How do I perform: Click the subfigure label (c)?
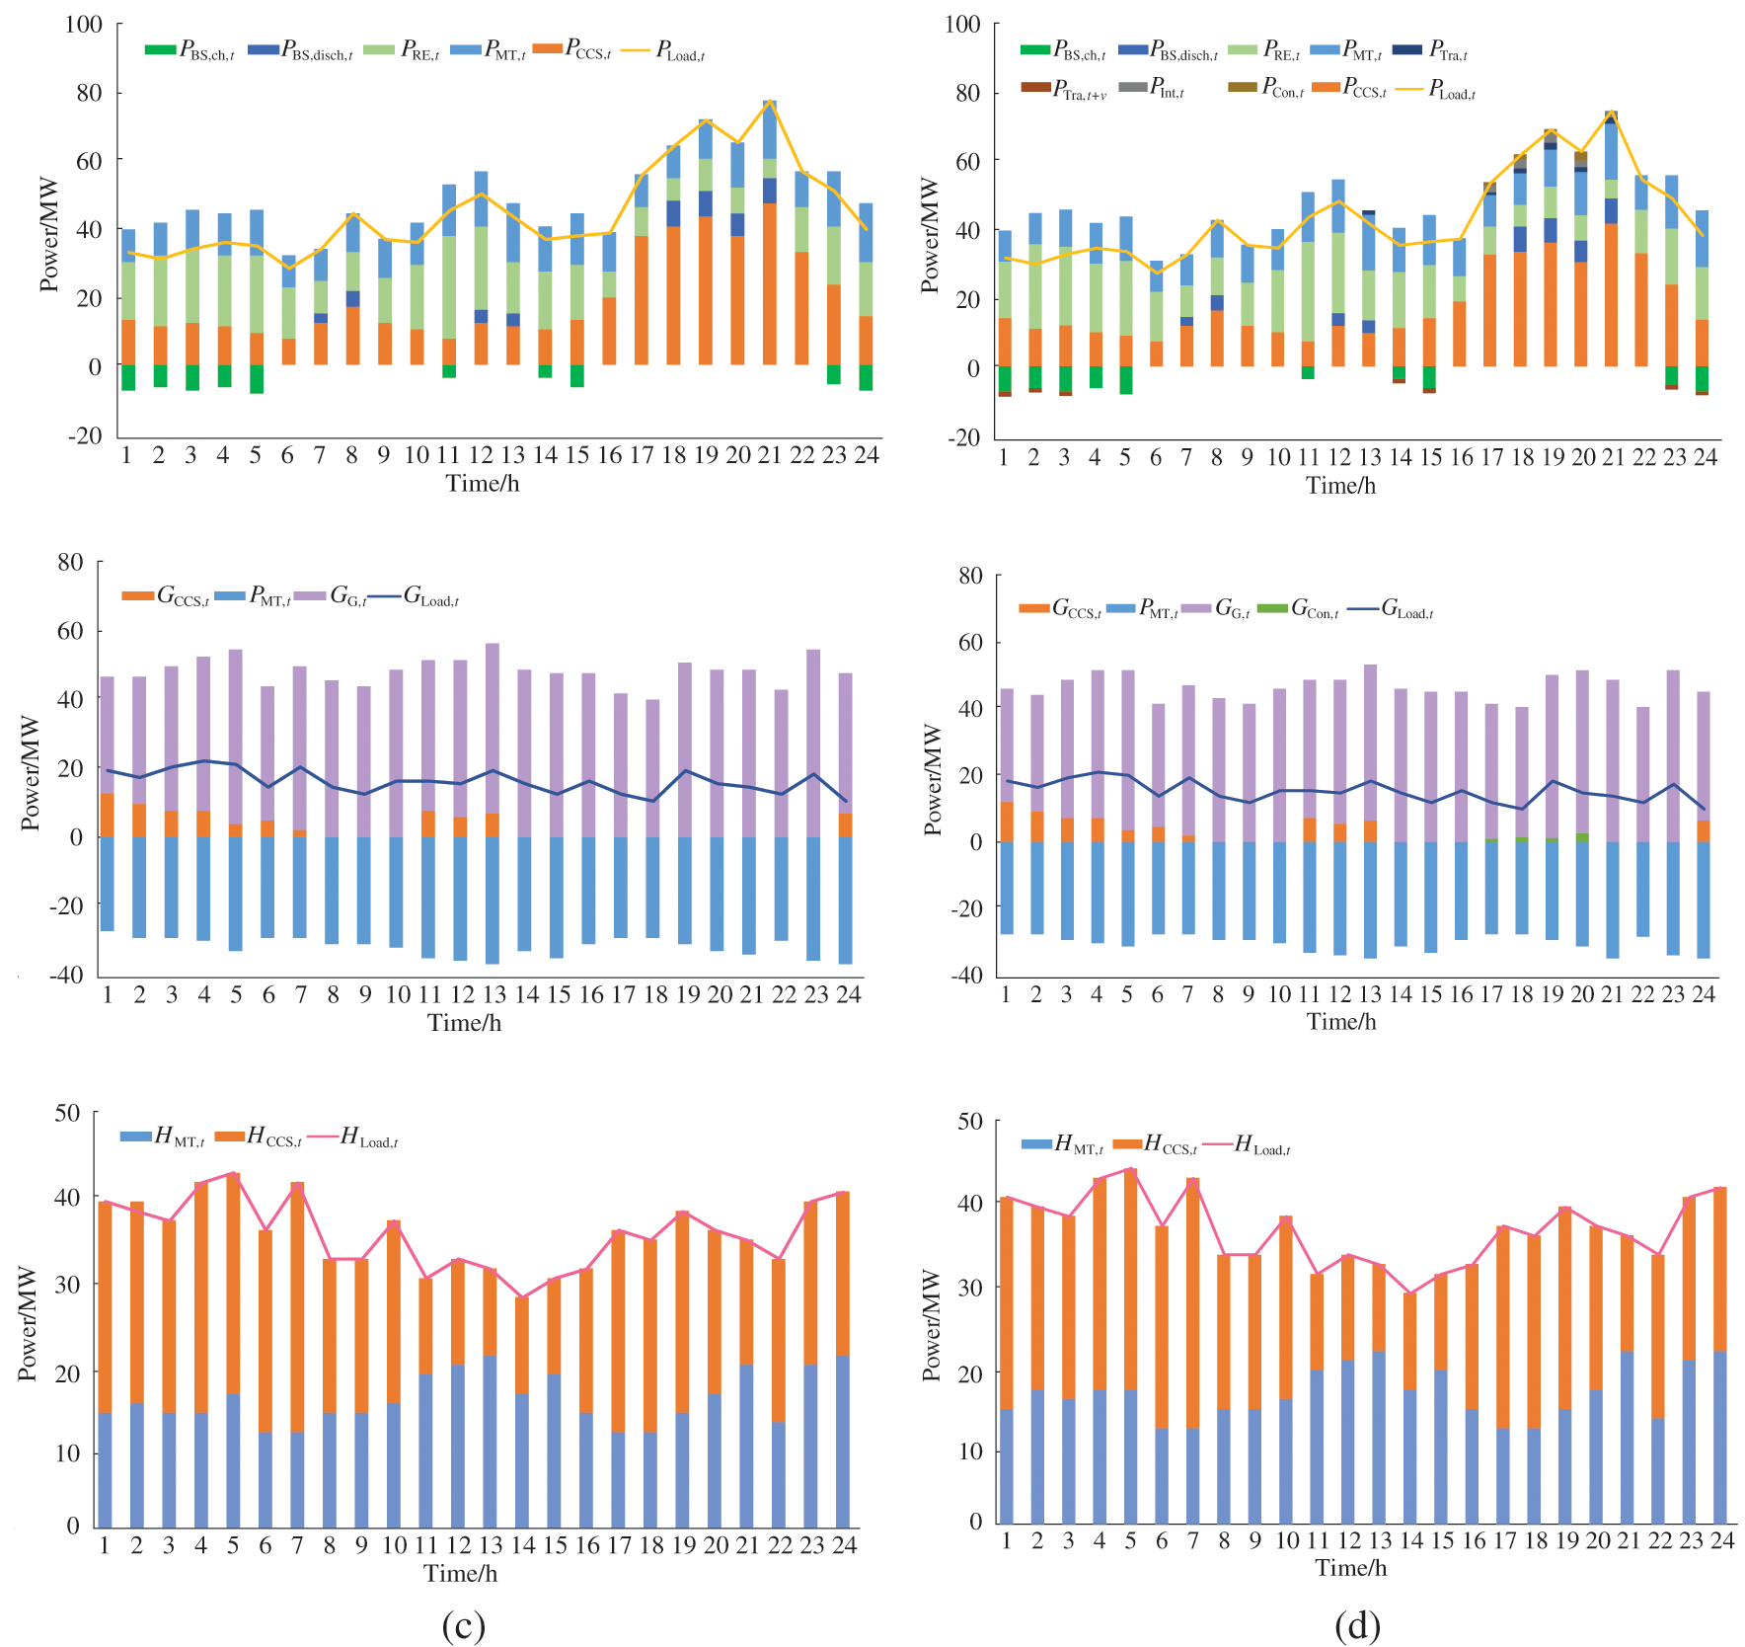(x=463, y=1624)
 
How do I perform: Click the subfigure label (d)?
(x=1357, y=1624)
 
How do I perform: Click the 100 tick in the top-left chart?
(x=84, y=24)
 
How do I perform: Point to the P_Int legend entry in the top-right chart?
(x=1151, y=89)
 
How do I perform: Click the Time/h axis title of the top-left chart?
(x=482, y=483)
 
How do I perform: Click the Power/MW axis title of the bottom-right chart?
(x=932, y=1324)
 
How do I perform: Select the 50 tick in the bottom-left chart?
(x=68, y=1113)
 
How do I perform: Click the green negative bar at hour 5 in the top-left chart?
(x=257, y=379)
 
